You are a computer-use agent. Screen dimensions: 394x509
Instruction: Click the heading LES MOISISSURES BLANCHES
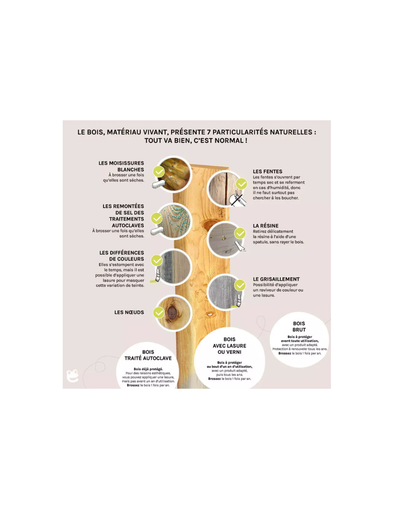coord(121,166)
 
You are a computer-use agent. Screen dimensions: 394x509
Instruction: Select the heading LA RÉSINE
coord(265,226)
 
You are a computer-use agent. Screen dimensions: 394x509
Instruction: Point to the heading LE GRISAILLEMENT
coord(276,279)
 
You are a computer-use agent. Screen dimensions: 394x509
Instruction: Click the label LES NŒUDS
coord(129,312)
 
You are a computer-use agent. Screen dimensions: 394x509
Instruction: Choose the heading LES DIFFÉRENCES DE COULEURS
coord(122,256)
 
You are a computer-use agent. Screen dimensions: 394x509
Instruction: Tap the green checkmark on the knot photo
coord(159,313)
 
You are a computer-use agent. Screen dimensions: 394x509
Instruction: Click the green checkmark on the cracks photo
coord(241,184)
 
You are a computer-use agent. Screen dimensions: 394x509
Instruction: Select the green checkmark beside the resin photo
coord(240,233)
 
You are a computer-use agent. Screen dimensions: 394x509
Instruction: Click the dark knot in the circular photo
coord(172,312)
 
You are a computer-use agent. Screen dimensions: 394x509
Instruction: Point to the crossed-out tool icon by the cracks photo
coord(237,198)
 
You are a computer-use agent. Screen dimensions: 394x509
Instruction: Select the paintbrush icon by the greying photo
coord(237,301)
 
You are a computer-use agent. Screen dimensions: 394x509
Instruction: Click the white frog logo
coord(72,376)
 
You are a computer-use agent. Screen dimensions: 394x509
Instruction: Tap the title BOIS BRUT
coord(299,326)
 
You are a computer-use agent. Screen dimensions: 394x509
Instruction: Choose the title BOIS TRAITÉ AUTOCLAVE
coord(148,355)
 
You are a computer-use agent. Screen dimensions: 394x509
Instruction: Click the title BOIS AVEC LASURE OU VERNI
coord(229,345)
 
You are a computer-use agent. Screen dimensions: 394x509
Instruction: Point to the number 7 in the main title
coord(208,132)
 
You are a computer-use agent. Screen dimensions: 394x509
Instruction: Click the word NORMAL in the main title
coord(230,141)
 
